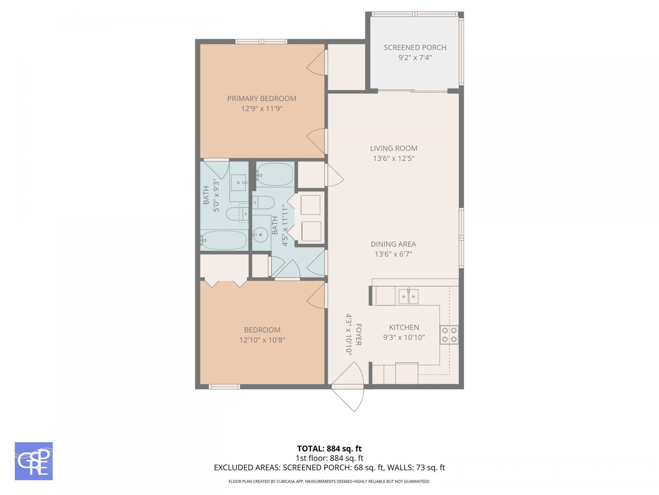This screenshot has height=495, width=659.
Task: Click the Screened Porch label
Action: pyautogui.click(x=415, y=47)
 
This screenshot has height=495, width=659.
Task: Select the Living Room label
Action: pyautogui.click(x=394, y=148)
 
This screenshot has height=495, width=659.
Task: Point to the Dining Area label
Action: pyautogui.click(x=393, y=244)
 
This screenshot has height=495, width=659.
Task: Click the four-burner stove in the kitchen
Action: pyautogui.click(x=449, y=335)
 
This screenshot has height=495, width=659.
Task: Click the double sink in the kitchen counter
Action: pyautogui.click(x=408, y=296)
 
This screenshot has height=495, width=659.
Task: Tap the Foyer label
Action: pyautogui.click(x=359, y=334)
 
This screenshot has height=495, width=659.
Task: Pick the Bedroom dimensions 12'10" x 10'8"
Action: pyautogui.click(x=262, y=340)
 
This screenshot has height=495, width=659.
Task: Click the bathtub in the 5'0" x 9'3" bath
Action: pyautogui.click(x=224, y=240)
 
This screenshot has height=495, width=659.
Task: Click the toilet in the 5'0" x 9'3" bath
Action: pyautogui.click(x=236, y=214)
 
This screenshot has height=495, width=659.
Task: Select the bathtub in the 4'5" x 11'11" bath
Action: pyautogui.click(x=275, y=174)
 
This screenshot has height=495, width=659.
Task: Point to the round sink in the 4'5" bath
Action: pyautogui.click(x=261, y=235)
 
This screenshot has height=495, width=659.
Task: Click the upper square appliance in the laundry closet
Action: pyautogui.click(x=310, y=205)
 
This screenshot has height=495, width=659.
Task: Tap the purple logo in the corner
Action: pyautogui.click(x=34, y=461)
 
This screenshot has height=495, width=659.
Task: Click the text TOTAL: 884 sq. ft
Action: pyautogui.click(x=329, y=449)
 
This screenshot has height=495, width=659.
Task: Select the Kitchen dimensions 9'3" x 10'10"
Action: pyautogui.click(x=404, y=338)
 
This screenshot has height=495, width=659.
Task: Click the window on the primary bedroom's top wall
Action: pyautogui.click(x=261, y=42)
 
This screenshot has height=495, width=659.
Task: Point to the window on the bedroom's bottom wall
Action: pyautogui.click(x=224, y=387)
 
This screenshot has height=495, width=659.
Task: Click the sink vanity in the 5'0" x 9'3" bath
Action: pyautogui.click(x=238, y=183)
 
